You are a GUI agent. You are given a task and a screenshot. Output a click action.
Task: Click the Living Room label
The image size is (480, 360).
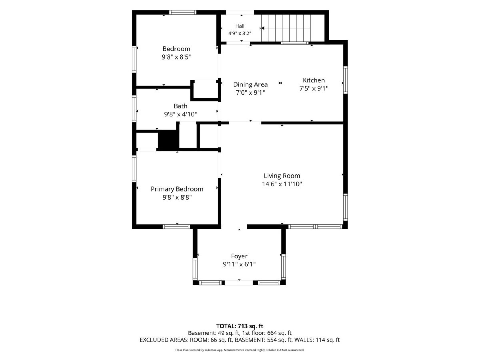pos(282,176)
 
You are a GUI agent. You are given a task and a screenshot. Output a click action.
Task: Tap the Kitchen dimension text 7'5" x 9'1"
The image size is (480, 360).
pos(314,88)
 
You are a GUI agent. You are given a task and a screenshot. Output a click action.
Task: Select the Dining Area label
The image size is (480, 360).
pos(250,84)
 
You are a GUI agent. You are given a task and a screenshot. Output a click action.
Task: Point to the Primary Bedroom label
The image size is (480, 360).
pos(177,189)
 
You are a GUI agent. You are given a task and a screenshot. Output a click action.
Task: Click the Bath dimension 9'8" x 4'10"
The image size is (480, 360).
pos(180,114)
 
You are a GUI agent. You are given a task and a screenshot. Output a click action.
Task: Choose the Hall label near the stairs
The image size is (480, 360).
pos(240,26)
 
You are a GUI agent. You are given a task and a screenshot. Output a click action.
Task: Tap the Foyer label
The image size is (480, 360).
pos(239,256)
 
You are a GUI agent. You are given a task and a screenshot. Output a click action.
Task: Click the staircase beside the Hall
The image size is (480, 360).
pos(293,28)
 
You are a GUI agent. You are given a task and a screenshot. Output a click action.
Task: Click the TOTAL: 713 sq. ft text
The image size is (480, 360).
pos(240,326)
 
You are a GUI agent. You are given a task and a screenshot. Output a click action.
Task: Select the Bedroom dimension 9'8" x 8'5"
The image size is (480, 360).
pos(176,57)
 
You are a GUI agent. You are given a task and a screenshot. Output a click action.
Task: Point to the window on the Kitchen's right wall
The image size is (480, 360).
pos(345,80)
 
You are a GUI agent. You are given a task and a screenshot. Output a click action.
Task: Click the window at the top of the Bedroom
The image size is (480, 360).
pos(183,12)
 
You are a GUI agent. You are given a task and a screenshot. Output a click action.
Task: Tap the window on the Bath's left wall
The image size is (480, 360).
pos(134,108)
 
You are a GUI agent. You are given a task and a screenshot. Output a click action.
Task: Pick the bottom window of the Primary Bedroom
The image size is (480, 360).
pos(176,227)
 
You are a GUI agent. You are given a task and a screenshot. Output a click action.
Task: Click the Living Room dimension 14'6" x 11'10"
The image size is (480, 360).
pos(282,184)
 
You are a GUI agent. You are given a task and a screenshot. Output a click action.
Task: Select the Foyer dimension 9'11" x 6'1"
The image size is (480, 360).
pos(239,264)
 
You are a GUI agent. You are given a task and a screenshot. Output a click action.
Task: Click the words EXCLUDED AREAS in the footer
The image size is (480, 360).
pos(164,340)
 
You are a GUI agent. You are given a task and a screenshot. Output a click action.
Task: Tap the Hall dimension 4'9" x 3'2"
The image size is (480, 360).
pos(240,34)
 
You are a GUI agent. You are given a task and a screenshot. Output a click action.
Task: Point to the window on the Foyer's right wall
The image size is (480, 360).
pos(284,266)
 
